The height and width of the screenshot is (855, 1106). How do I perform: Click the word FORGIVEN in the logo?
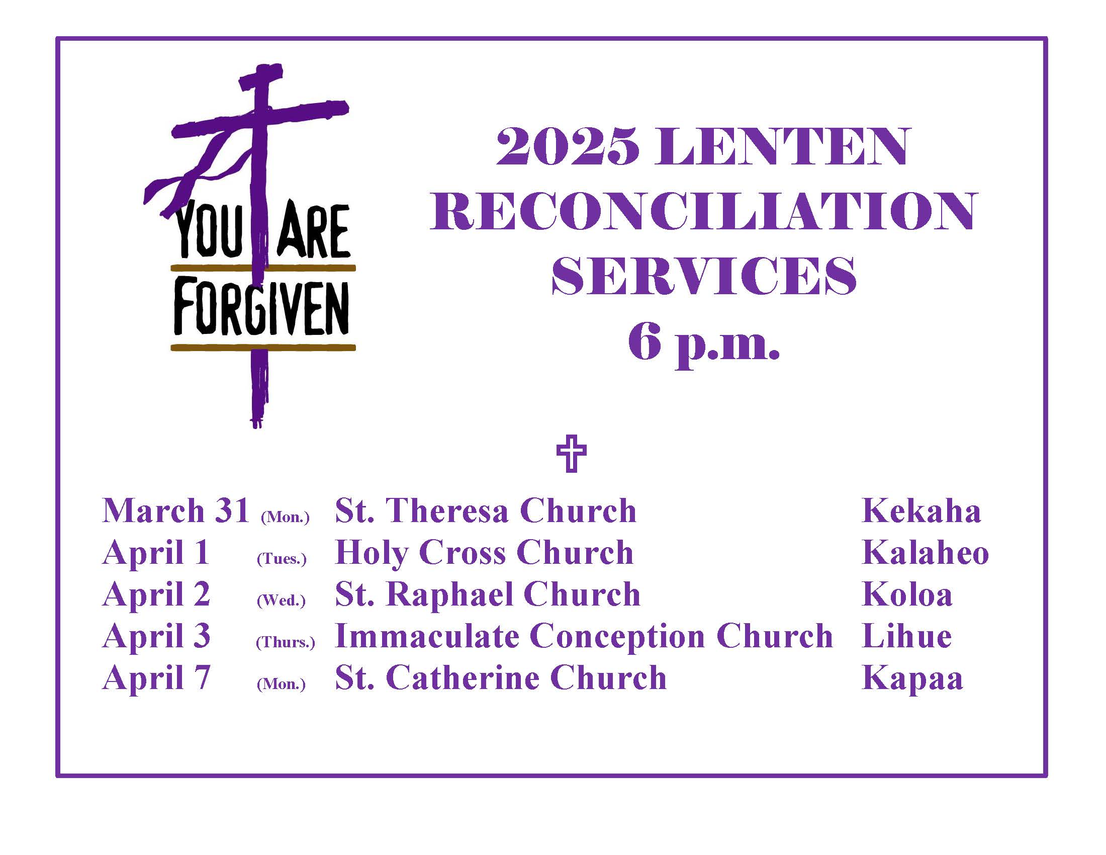(x=261, y=308)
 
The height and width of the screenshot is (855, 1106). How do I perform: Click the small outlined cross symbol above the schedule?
(x=571, y=453)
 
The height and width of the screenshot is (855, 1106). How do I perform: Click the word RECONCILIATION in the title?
(x=702, y=211)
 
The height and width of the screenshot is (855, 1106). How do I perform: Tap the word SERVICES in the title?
(x=703, y=276)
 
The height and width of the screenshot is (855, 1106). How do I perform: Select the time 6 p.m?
(x=703, y=344)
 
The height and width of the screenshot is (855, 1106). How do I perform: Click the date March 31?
(x=176, y=510)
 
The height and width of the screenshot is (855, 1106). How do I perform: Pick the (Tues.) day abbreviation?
(x=282, y=558)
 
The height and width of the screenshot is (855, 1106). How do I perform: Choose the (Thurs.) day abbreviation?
(x=285, y=642)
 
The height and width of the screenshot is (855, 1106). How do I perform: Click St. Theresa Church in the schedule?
(x=486, y=510)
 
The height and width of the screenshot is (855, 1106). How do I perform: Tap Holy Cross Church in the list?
(x=484, y=553)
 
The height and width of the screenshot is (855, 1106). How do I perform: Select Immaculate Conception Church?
(x=584, y=636)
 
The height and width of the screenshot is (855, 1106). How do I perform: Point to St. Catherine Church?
(x=500, y=678)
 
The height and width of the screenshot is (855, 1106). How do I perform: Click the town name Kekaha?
(x=921, y=510)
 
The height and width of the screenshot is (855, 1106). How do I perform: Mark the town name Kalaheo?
(x=925, y=553)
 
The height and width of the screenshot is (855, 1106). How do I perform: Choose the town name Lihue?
(x=906, y=636)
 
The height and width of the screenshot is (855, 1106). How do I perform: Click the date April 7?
(x=156, y=678)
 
